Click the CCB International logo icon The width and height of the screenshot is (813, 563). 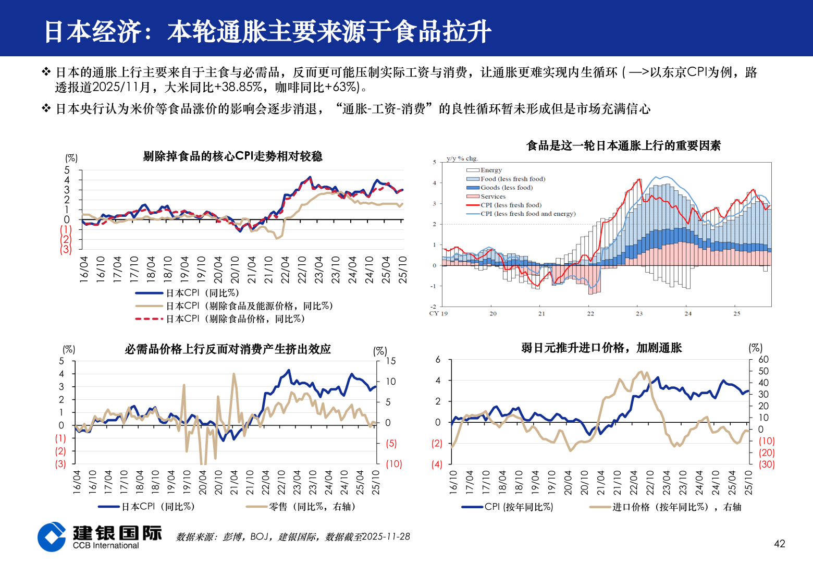pyautogui.click(x=52, y=536)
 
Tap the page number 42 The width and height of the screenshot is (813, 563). pyautogui.click(x=779, y=544)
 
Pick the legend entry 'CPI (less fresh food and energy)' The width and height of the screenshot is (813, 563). pyautogui.click(x=527, y=214)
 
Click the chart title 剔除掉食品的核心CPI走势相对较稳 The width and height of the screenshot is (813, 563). pyautogui.click(x=232, y=156)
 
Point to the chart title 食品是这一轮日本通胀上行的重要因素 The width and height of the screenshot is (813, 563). pyautogui.click(x=623, y=145)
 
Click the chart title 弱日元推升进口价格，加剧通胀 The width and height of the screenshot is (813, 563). pyautogui.click(x=601, y=348)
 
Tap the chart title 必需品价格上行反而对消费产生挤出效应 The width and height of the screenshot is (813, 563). pyautogui.click(x=228, y=349)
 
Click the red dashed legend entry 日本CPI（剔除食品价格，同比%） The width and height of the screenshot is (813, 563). pyautogui.click(x=235, y=319)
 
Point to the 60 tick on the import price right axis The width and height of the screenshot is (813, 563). pyautogui.click(x=763, y=359)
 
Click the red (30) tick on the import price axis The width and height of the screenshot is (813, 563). pyautogui.click(x=766, y=464)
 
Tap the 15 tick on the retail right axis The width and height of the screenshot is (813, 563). pyautogui.click(x=390, y=361)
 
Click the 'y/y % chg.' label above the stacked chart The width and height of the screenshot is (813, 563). pyautogui.click(x=462, y=158)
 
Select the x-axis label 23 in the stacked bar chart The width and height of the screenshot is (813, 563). pyautogui.click(x=639, y=313)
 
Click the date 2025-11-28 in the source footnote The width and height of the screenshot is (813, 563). pyautogui.click(x=386, y=536)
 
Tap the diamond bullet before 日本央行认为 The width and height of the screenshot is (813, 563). pyautogui.click(x=46, y=108)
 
